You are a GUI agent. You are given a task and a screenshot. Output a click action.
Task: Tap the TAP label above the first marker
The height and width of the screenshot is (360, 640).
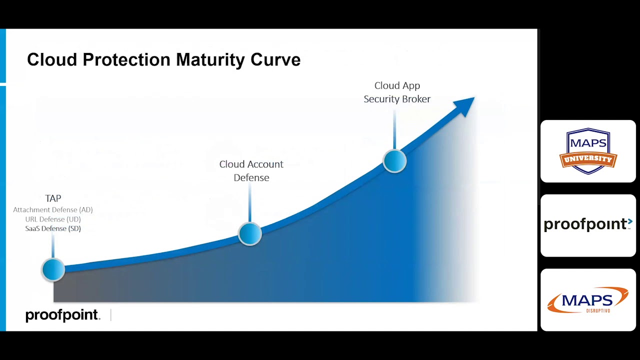53,198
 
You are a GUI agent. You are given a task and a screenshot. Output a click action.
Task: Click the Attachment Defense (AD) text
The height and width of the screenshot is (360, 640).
53,210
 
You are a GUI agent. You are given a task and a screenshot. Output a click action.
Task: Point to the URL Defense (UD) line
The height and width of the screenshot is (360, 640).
53,219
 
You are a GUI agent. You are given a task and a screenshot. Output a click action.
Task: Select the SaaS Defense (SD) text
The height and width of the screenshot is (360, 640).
53,228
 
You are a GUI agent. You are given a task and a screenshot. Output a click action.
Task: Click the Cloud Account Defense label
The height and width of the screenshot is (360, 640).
251,170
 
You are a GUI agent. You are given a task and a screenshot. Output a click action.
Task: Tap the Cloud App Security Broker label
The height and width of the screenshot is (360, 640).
397,92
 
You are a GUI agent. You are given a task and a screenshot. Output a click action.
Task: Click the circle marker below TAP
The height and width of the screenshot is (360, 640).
53,270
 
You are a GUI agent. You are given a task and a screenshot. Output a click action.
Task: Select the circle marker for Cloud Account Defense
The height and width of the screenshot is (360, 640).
250,233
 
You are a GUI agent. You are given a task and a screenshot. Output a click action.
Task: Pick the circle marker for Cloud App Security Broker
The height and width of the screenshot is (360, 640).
394,161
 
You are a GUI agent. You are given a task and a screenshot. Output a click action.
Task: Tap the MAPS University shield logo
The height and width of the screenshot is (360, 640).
588,151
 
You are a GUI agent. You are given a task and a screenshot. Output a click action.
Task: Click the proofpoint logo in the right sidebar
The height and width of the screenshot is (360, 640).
588,225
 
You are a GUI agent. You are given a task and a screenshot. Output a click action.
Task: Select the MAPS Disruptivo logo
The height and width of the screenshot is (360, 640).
588,300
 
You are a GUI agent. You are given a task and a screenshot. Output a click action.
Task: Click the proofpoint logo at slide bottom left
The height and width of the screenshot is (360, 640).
62,315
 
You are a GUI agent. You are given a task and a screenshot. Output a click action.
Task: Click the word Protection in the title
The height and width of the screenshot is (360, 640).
126,59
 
